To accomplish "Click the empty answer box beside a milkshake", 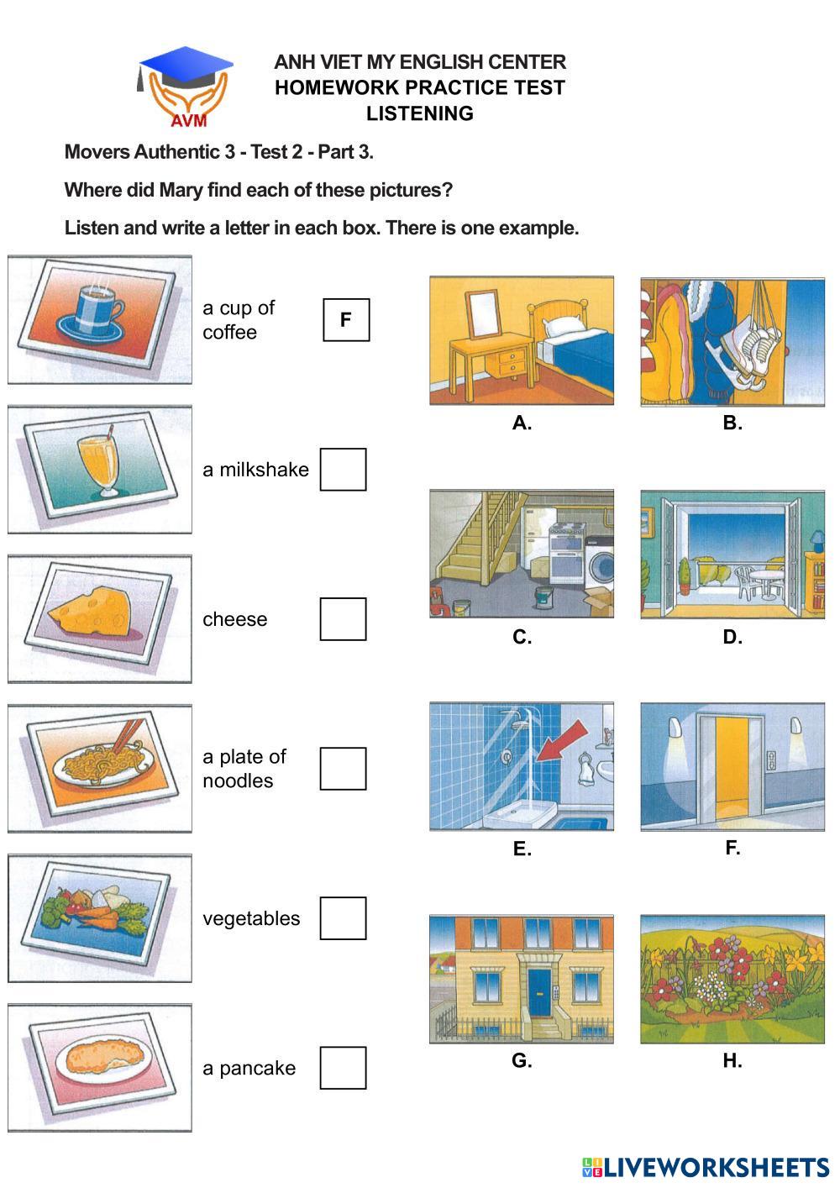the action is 343,469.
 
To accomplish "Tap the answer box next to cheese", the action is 343,619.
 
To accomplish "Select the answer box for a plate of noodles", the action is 343,769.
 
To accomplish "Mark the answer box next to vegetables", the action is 343,918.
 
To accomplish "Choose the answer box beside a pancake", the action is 343,1068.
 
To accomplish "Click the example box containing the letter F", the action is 346,320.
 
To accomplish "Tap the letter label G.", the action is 522,1061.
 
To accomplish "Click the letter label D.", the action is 732,637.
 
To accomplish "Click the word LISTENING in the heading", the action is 420,113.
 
